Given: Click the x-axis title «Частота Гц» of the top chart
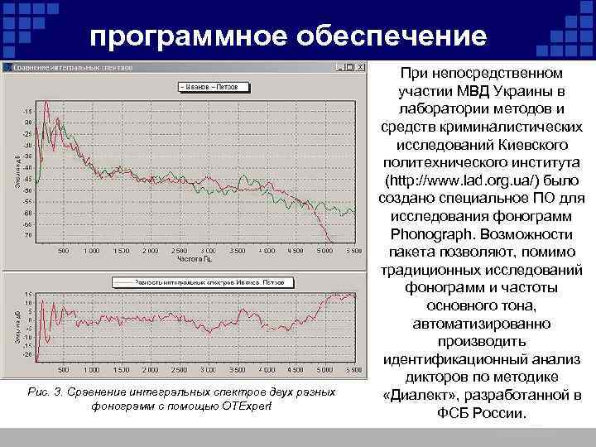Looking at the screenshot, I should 195,258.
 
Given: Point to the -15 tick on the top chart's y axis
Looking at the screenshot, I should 28,110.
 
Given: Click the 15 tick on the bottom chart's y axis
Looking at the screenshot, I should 28,294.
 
